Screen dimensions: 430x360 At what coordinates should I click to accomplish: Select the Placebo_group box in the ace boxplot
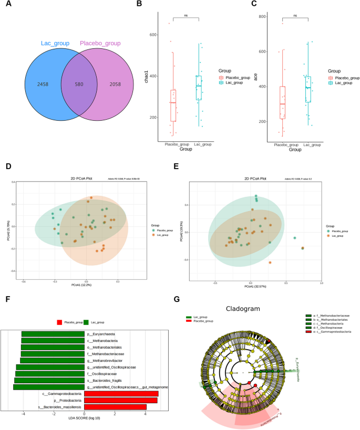pyautogui.click(x=282, y=102)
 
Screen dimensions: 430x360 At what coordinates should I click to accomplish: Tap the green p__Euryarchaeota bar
pyautogui.click(x=52, y=333)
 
